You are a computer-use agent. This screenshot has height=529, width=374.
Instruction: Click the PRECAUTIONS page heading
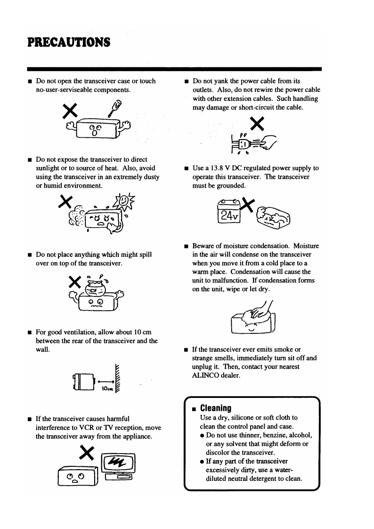pyautogui.click(x=69, y=42)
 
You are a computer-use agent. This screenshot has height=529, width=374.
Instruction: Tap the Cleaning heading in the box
pyautogui.click(x=216, y=408)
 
